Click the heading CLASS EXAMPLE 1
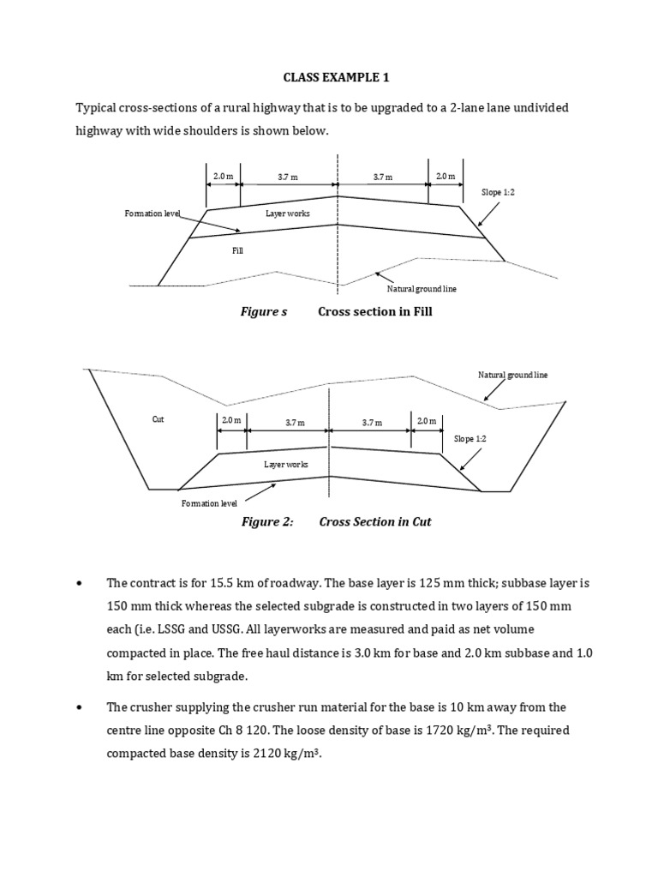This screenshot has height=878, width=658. pos(337,77)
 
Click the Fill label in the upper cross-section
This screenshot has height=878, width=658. pos(238,250)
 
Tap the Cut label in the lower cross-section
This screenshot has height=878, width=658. pos(158,419)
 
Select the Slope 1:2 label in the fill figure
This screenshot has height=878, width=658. pos(498,193)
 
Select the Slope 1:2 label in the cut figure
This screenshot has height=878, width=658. pos(470,438)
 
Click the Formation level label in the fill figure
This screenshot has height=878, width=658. pos(153,212)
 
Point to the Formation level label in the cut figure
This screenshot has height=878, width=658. pos(209,503)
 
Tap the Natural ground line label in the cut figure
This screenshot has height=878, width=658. pos(512,375)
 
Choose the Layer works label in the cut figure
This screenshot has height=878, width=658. pos(286,464)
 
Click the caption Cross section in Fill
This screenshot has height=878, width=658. pos(375,312)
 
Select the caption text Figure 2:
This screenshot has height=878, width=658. pos(266,521)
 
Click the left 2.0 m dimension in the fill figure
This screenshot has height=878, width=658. pos(223,177)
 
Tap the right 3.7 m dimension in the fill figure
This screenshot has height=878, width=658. pos(382,177)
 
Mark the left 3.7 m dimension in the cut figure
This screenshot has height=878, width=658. pos(287,422)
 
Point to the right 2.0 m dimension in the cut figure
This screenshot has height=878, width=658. pos(426,421)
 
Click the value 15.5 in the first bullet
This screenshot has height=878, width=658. pos(201,583)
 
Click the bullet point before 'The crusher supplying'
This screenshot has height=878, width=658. pos(79,707)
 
